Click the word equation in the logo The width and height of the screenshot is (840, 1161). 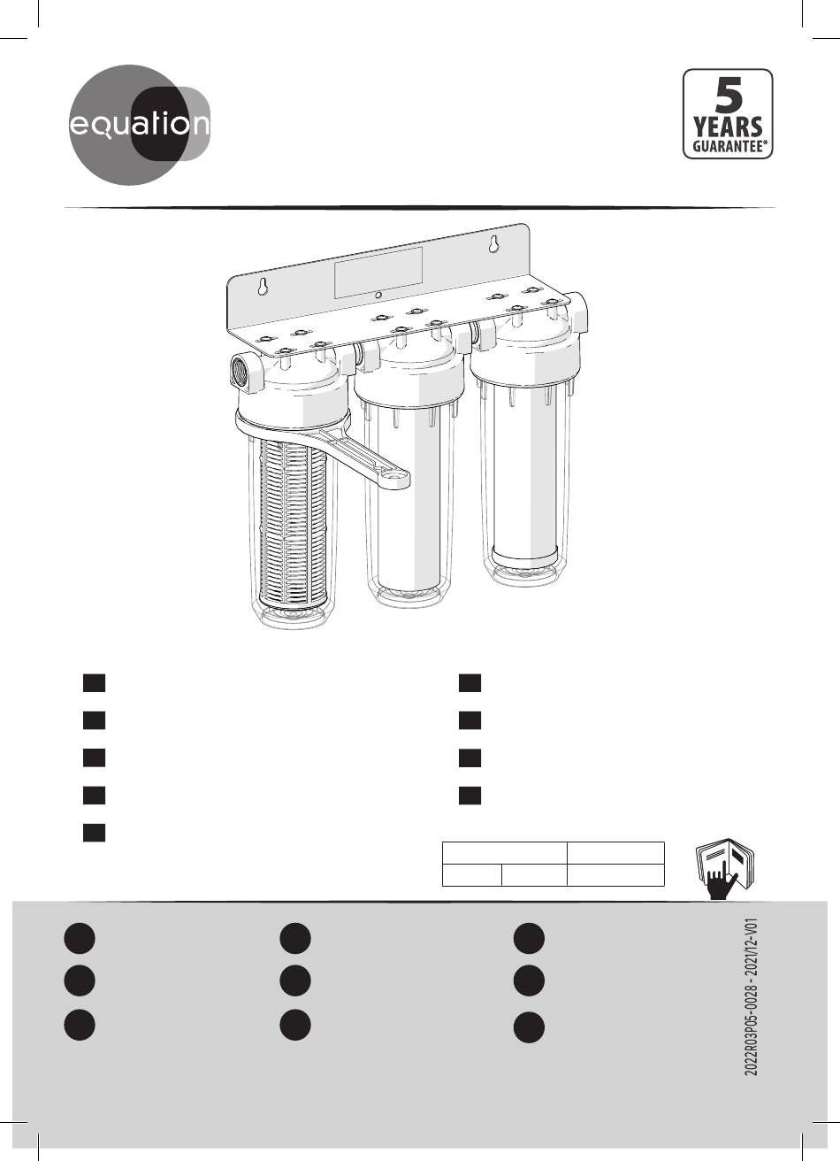140,125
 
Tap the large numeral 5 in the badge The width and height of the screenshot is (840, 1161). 728,95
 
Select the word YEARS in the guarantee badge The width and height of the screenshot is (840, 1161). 728,127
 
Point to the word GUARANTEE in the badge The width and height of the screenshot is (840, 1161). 728,147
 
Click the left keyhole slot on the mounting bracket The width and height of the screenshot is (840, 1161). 263,287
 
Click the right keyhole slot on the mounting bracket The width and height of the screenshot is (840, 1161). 493,243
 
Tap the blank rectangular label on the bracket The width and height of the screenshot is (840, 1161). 378,273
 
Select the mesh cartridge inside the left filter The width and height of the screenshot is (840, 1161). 294,525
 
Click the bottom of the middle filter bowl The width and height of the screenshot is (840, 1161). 407,597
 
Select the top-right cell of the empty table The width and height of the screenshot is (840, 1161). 615,853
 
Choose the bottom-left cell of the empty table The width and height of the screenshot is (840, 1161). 472,875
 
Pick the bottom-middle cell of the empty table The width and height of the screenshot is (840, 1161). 534,875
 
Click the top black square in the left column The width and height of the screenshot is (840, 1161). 95,682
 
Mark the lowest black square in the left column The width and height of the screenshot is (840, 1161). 95,833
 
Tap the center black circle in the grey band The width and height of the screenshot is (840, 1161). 295,980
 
